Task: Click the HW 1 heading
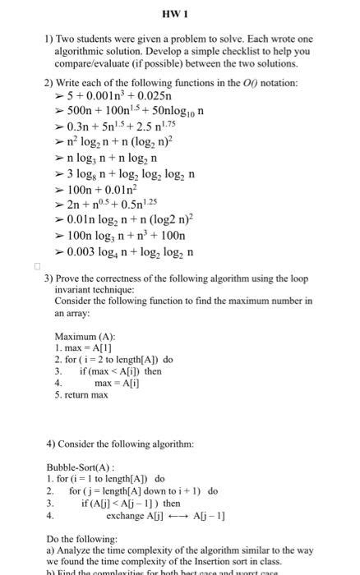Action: pyautogui.click(x=178, y=16)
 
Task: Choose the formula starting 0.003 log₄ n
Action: pyautogui.click(x=129, y=251)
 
